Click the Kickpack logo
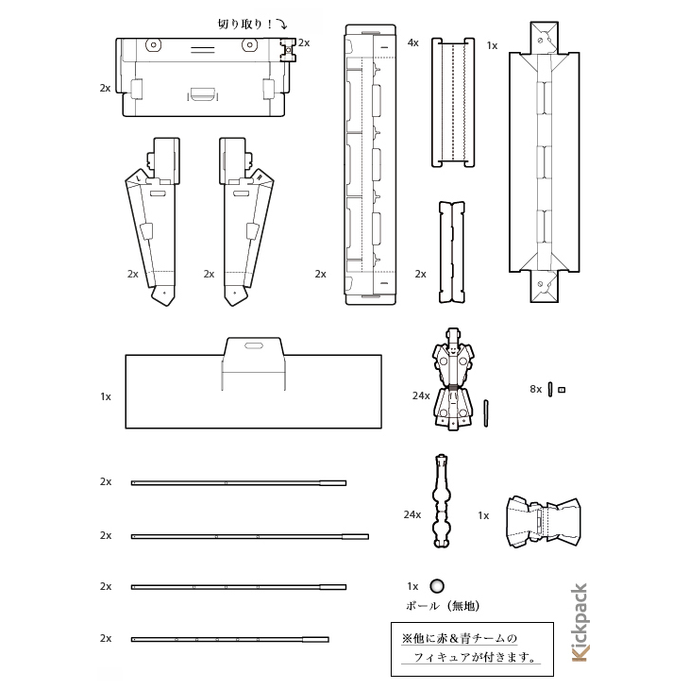tap(580, 622)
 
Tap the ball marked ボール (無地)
tap(437, 586)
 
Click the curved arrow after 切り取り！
tap(282, 24)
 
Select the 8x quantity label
tap(536, 389)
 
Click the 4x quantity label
tap(413, 42)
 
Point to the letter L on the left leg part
tap(139, 177)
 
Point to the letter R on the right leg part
tap(260, 177)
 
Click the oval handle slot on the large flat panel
tap(254, 346)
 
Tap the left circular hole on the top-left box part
tap(153, 44)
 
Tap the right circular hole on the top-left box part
tap(249, 44)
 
